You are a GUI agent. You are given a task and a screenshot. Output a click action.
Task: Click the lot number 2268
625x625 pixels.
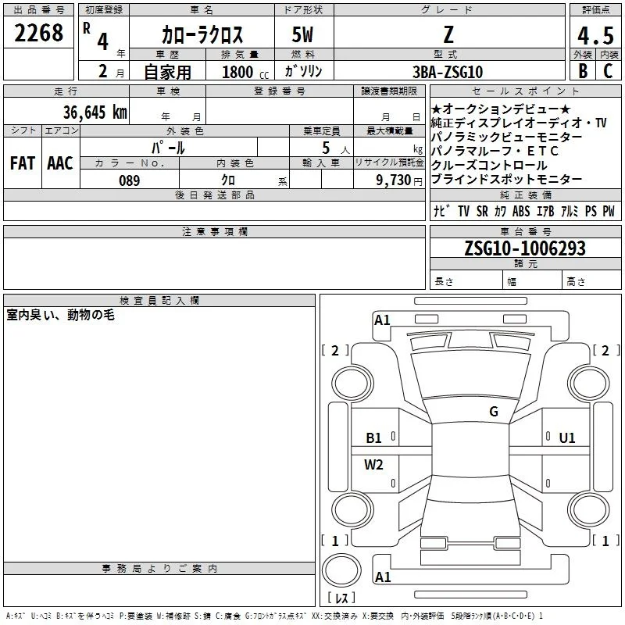(38, 33)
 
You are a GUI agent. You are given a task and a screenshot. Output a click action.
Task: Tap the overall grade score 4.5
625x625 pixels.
(595, 35)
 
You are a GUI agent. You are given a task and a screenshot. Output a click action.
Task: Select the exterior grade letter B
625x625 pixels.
(583, 71)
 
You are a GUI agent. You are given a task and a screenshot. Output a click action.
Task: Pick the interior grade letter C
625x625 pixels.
(608, 71)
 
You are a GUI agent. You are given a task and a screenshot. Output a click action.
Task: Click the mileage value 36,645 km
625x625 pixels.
(95, 112)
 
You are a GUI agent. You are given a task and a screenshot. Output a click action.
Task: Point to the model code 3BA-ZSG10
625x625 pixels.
(448, 72)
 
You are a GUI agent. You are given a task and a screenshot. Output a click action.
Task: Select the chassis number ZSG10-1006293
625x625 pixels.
(525, 248)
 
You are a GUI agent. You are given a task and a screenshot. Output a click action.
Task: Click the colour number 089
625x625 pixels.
(130, 180)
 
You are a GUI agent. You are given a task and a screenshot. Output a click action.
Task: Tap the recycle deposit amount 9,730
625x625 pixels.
(393, 180)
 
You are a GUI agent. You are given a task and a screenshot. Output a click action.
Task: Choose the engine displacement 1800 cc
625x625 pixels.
(245, 72)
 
